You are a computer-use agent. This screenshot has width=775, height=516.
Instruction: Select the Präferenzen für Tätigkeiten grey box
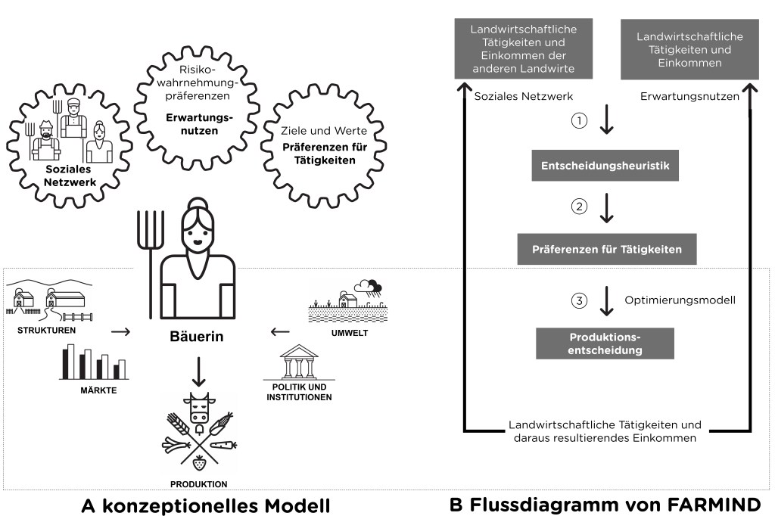pyautogui.click(x=607, y=249)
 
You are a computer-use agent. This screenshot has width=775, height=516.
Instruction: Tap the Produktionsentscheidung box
pyautogui.click(x=605, y=343)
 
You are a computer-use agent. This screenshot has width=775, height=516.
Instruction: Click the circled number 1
pyautogui.click(x=579, y=121)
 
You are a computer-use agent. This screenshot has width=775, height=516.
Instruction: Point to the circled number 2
pyautogui.click(x=579, y=206)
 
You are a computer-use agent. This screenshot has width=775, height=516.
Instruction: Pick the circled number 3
pyautogui.click(x=579, y=300)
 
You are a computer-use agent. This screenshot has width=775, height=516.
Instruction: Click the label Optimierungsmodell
pyautogui.click(x=680, y=300)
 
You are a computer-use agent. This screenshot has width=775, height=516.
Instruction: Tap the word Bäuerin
pyautogui.click(x=198, y=337)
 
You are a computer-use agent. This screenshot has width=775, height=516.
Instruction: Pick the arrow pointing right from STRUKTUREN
pyautogui.click(x=120, y=331)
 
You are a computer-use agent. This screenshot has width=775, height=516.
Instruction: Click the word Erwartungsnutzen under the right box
pyautogui.click(x=689, y=96)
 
